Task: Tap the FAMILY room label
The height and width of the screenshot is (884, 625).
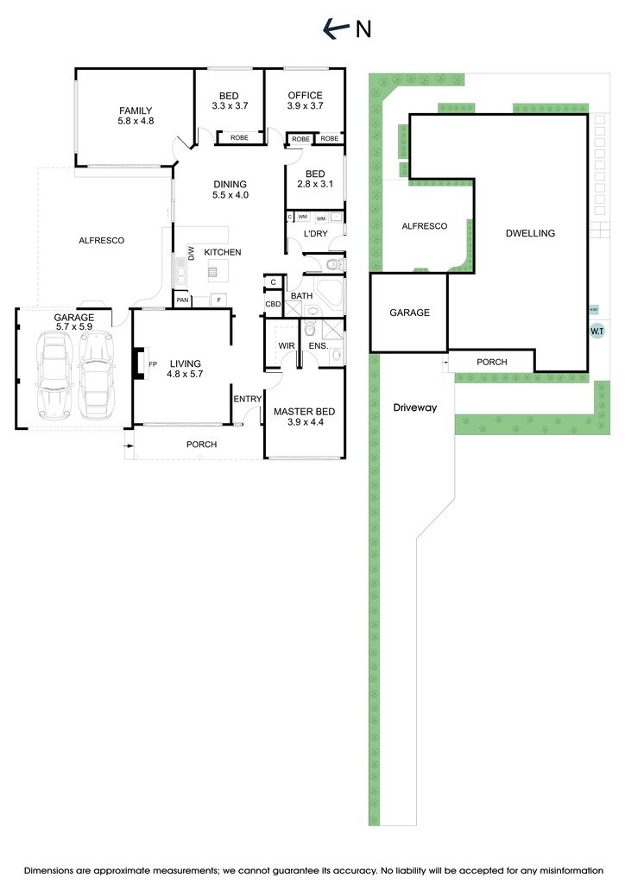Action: tap(136, 110)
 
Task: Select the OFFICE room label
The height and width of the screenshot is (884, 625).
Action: tap(305, 96)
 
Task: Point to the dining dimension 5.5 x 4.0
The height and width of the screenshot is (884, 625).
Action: tap(230, 195)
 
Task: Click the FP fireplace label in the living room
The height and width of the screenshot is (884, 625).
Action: tap(153, 363)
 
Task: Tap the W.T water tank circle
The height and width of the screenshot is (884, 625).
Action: tap(597, 331)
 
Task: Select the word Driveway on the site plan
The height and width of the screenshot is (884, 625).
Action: tap(414, 407)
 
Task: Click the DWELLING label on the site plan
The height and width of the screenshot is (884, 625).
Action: tap(530, 233)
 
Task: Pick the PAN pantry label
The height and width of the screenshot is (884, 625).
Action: tap(183, 300)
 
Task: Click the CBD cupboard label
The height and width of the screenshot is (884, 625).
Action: tap(273, 305)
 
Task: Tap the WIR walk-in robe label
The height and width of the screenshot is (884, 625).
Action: tap(287, 346)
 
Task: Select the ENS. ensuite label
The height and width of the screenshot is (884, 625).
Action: tap(316, 346)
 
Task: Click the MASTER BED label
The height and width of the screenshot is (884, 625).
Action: tap(304, 412)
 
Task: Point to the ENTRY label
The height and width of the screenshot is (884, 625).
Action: tap(247, 399)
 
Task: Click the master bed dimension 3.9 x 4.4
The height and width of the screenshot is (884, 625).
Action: tap(304, 423)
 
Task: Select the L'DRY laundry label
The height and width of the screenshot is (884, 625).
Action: tap(314, 235)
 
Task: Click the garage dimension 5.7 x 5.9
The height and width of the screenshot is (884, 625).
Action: tap(73, 327)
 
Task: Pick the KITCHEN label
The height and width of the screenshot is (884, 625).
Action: tap(222, 252)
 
